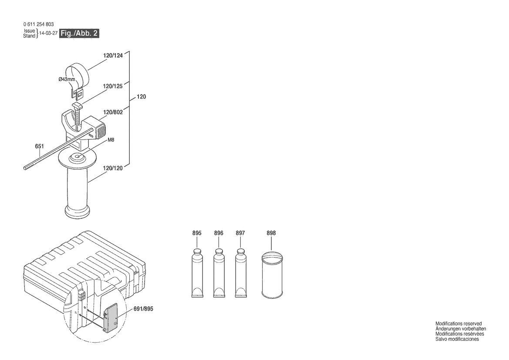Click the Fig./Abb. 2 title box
[79, 33]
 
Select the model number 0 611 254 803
[39, 24]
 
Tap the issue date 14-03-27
[48, 33]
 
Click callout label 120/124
[113, 55]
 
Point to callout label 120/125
[113, 86]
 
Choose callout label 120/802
[113, 112]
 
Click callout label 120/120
[113, 168]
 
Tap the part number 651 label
[39, 146]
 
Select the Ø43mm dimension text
[67, 79]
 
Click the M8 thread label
[111, 140]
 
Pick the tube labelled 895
[197, 273]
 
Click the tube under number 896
[219, 273]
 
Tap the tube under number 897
[241, 273]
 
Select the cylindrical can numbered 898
[272, 275]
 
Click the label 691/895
[144, 309]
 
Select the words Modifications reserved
[458, 324]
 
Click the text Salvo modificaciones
[457, 339]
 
